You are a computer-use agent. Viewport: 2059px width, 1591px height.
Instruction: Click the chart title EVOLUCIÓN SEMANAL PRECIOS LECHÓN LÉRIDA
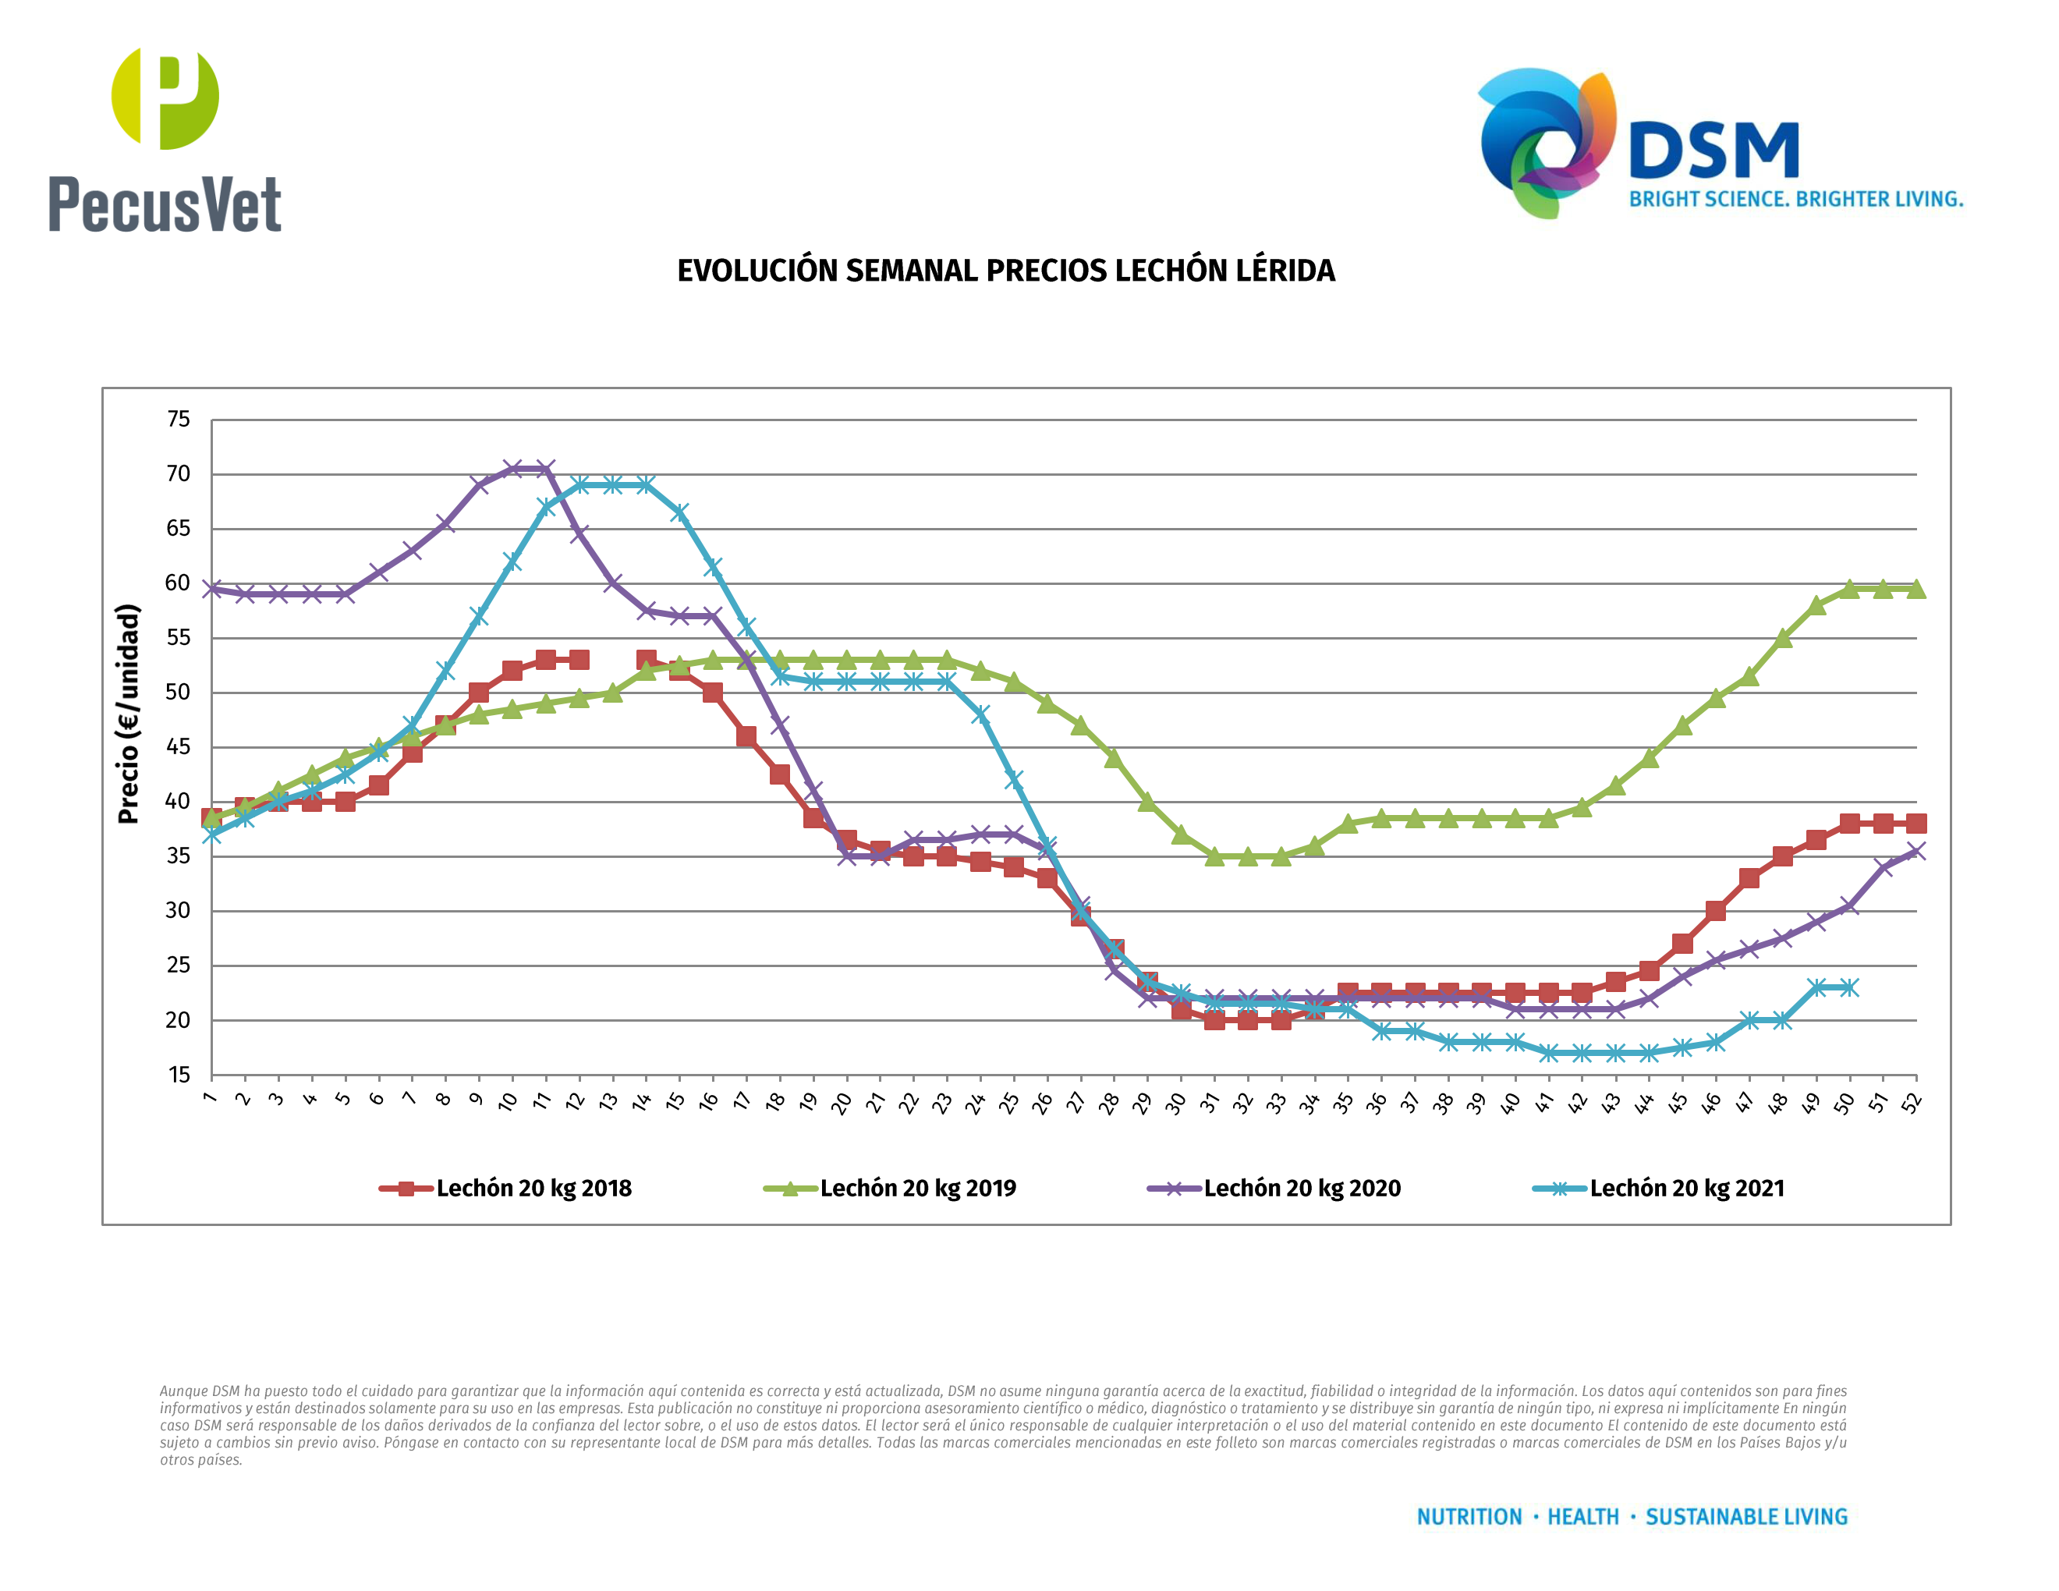coord(1006,271)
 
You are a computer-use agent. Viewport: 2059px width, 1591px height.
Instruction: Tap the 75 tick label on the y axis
coord(178,420)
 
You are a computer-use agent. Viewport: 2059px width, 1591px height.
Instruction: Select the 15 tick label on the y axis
coord(178,1075)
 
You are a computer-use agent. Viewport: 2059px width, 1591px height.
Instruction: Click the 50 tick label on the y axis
coord(178,692)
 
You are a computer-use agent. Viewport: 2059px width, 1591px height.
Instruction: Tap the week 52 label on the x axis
coord(1911,1103)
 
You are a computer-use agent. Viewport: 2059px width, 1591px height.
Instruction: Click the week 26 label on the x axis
coord(1042,1103)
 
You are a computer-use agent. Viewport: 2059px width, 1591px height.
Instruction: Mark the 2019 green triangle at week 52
coord(1915,589)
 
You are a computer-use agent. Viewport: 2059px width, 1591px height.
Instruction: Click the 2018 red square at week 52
coord(1915,824)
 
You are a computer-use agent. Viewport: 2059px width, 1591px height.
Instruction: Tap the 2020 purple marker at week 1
coord(212,589)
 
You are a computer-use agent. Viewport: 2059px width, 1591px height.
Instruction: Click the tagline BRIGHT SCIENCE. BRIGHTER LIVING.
coord(1795,200)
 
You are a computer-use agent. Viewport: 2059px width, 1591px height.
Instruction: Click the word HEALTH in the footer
coord(1583,1517)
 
